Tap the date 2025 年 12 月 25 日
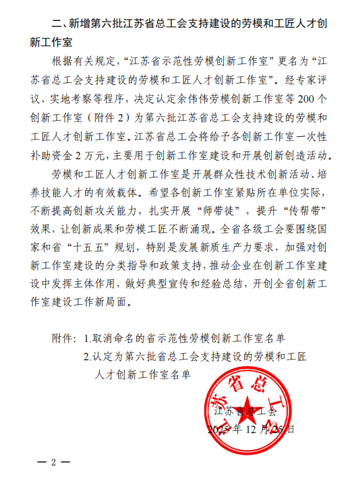coord(251,428)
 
